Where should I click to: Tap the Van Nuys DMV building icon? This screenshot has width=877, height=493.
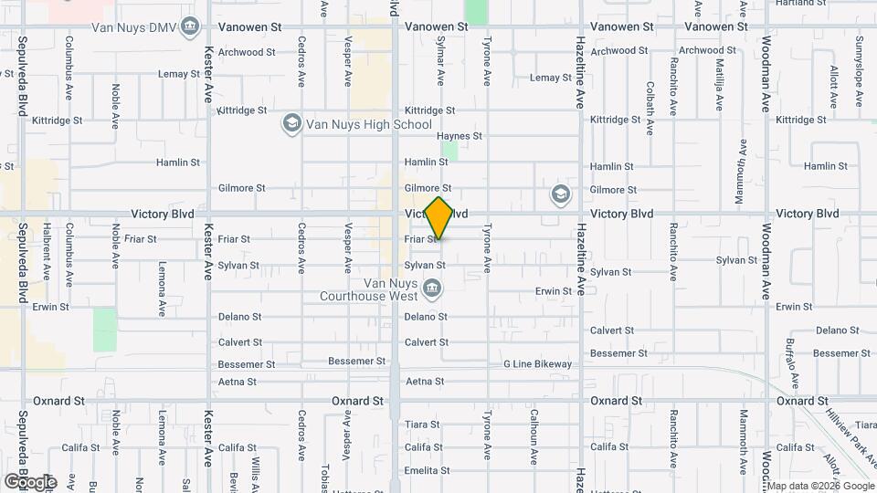coord(190,26)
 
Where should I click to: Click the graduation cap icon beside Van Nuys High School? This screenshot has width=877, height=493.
coord(291,125)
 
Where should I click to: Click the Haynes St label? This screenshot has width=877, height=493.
coord(464,136)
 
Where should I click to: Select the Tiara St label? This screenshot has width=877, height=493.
coord(422,425)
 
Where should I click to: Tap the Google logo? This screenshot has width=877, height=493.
coord(30,482)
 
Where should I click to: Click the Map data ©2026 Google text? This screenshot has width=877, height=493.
coord(820,486)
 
